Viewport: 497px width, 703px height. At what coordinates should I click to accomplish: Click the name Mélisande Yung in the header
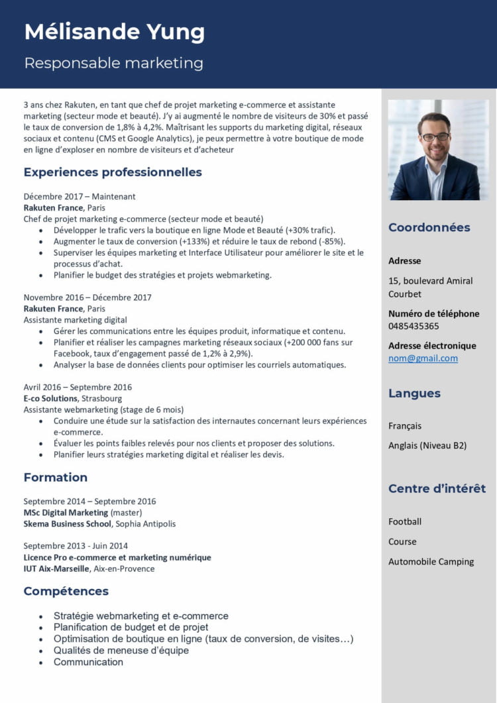click(x=114, y=32)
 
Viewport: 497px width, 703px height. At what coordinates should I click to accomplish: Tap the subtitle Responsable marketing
click(x=113, y=63)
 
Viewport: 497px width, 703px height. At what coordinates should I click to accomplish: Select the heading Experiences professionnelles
click(x=113, y=172)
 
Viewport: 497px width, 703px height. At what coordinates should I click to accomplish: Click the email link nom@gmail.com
click(x=423, y=358)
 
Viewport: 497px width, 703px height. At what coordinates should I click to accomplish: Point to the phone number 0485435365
click(x=414, y=326)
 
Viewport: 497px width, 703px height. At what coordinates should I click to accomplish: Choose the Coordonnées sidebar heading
click(x=429, y=227)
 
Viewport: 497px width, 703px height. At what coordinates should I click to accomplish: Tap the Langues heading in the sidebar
click(x=414, y=393)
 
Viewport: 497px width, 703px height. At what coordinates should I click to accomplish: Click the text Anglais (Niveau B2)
click(x=427, y=445)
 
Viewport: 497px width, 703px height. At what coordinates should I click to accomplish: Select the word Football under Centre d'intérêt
click(x=405, y=521)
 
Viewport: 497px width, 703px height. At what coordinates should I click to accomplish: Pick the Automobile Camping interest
click(x=431, y=561)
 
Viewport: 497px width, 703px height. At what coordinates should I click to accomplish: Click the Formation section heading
click(x=56, y=477)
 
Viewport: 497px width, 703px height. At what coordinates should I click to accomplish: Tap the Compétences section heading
click(x=66, y=591)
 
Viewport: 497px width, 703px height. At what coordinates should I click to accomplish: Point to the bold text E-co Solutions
click(x=51, y=398)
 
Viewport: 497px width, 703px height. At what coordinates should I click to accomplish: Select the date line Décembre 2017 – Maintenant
click(x=80, y=196)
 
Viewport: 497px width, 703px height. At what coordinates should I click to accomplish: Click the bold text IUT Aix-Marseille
click(x=56, y=568)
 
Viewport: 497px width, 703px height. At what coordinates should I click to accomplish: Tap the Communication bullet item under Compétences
click(x=88, y=662)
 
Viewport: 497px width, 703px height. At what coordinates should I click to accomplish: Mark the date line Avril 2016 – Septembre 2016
click(x=78, y=387)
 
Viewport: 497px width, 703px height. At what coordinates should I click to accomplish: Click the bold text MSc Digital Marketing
click(x=66, y=512)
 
